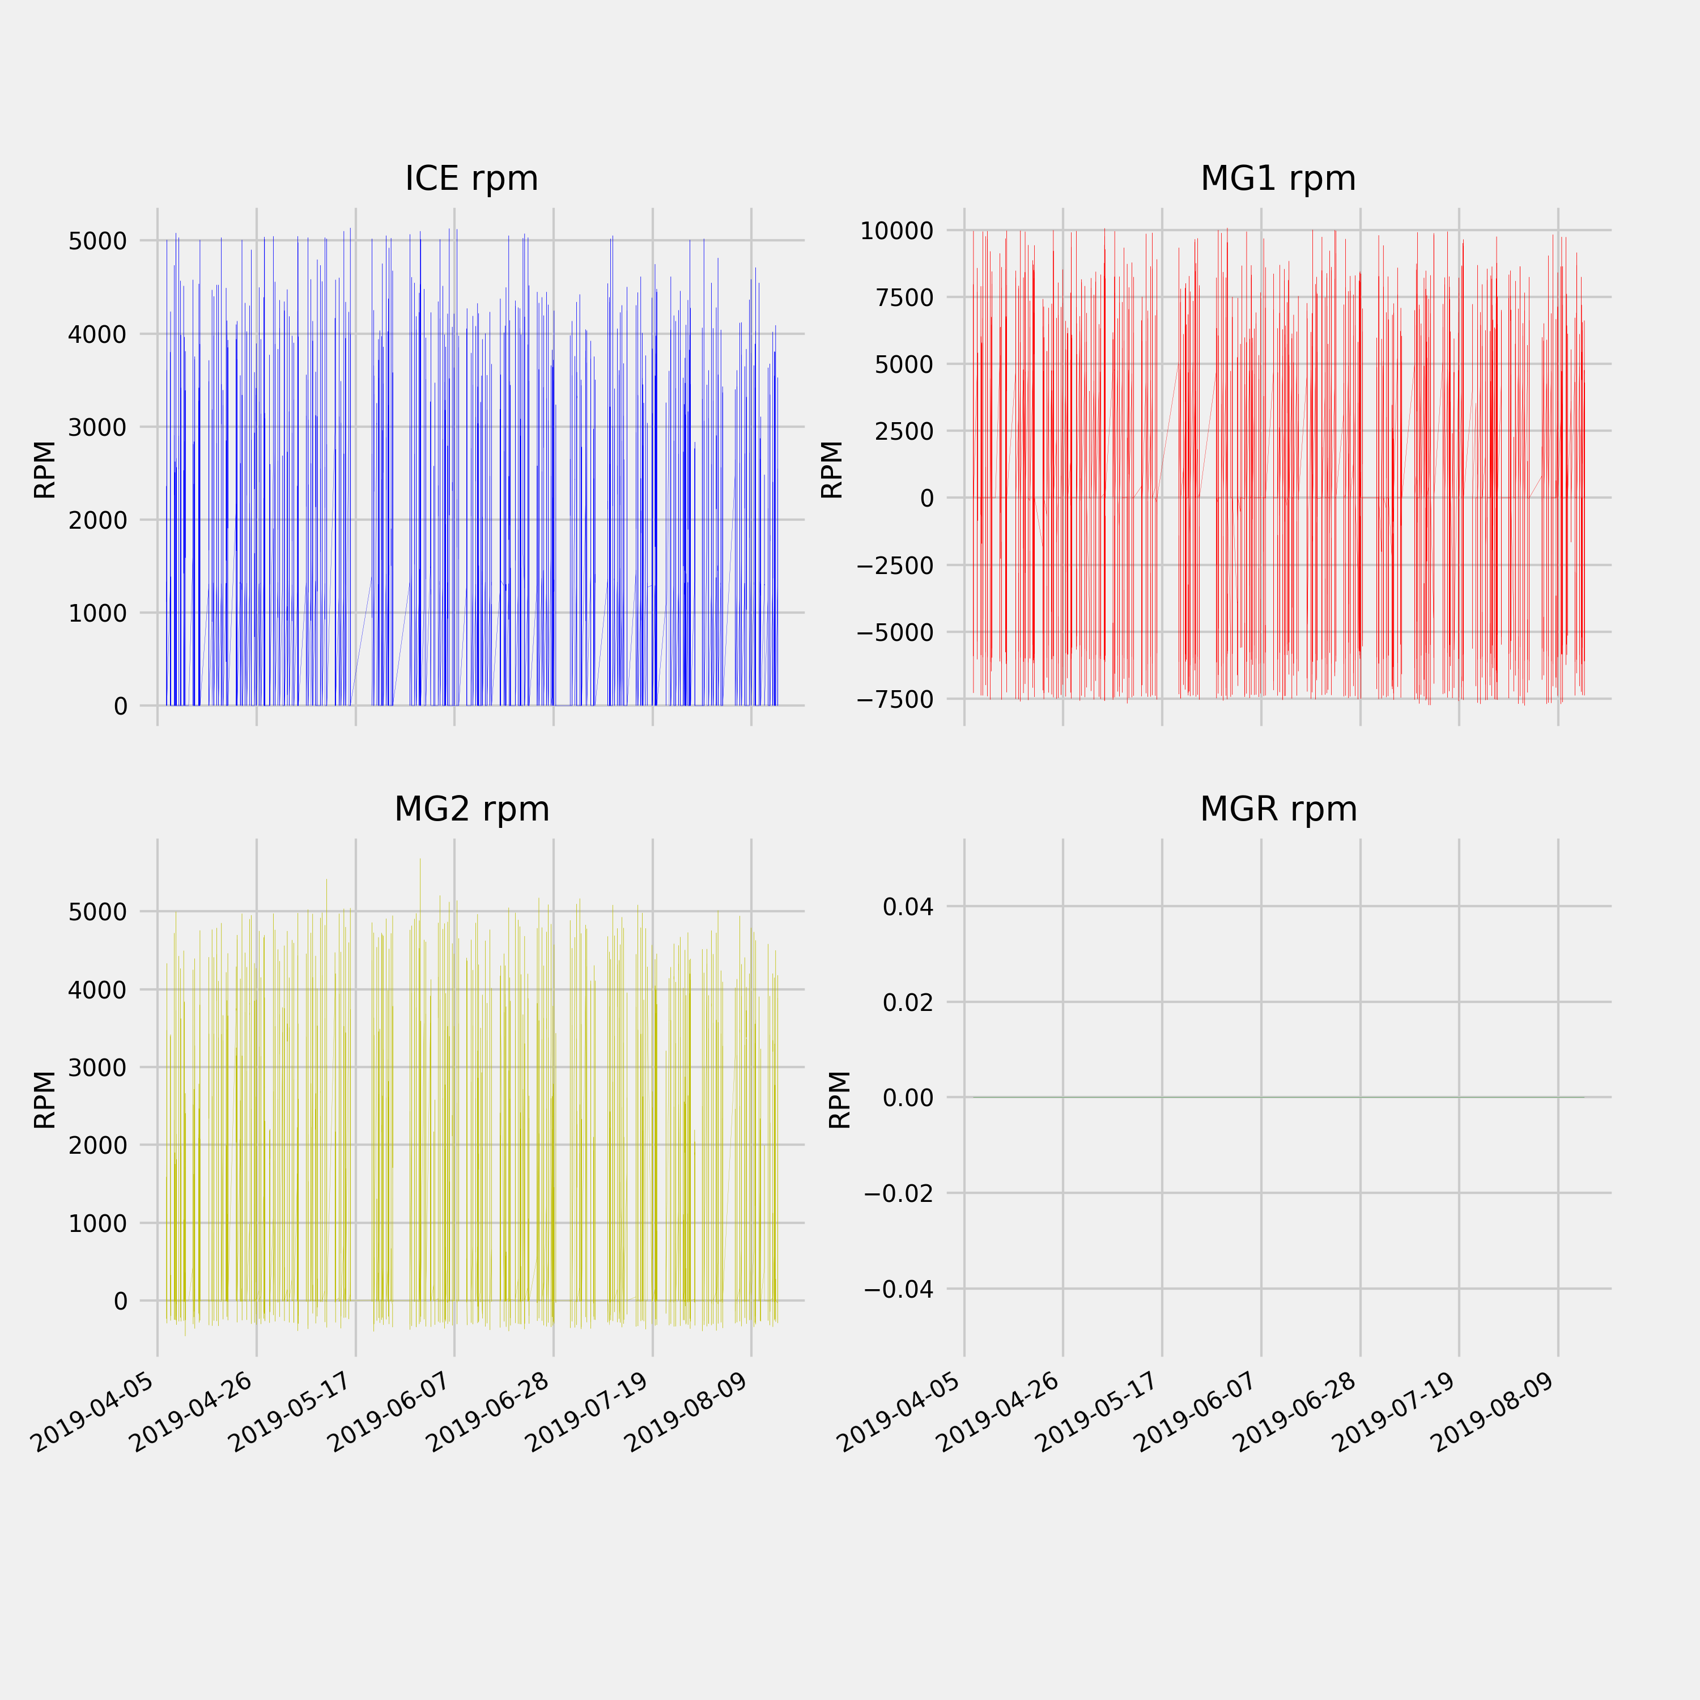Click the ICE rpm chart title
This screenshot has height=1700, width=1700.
click(471, 178)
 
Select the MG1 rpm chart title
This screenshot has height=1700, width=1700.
click(1278, 178)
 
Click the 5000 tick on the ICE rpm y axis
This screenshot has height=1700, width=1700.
click(97, 241)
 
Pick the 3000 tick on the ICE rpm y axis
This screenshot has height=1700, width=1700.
click(97, 428)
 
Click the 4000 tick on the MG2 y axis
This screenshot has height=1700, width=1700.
click(97, 990)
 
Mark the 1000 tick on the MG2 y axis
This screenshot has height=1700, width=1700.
click(97, 1223)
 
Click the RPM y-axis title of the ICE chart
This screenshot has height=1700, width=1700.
click(44, 469)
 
